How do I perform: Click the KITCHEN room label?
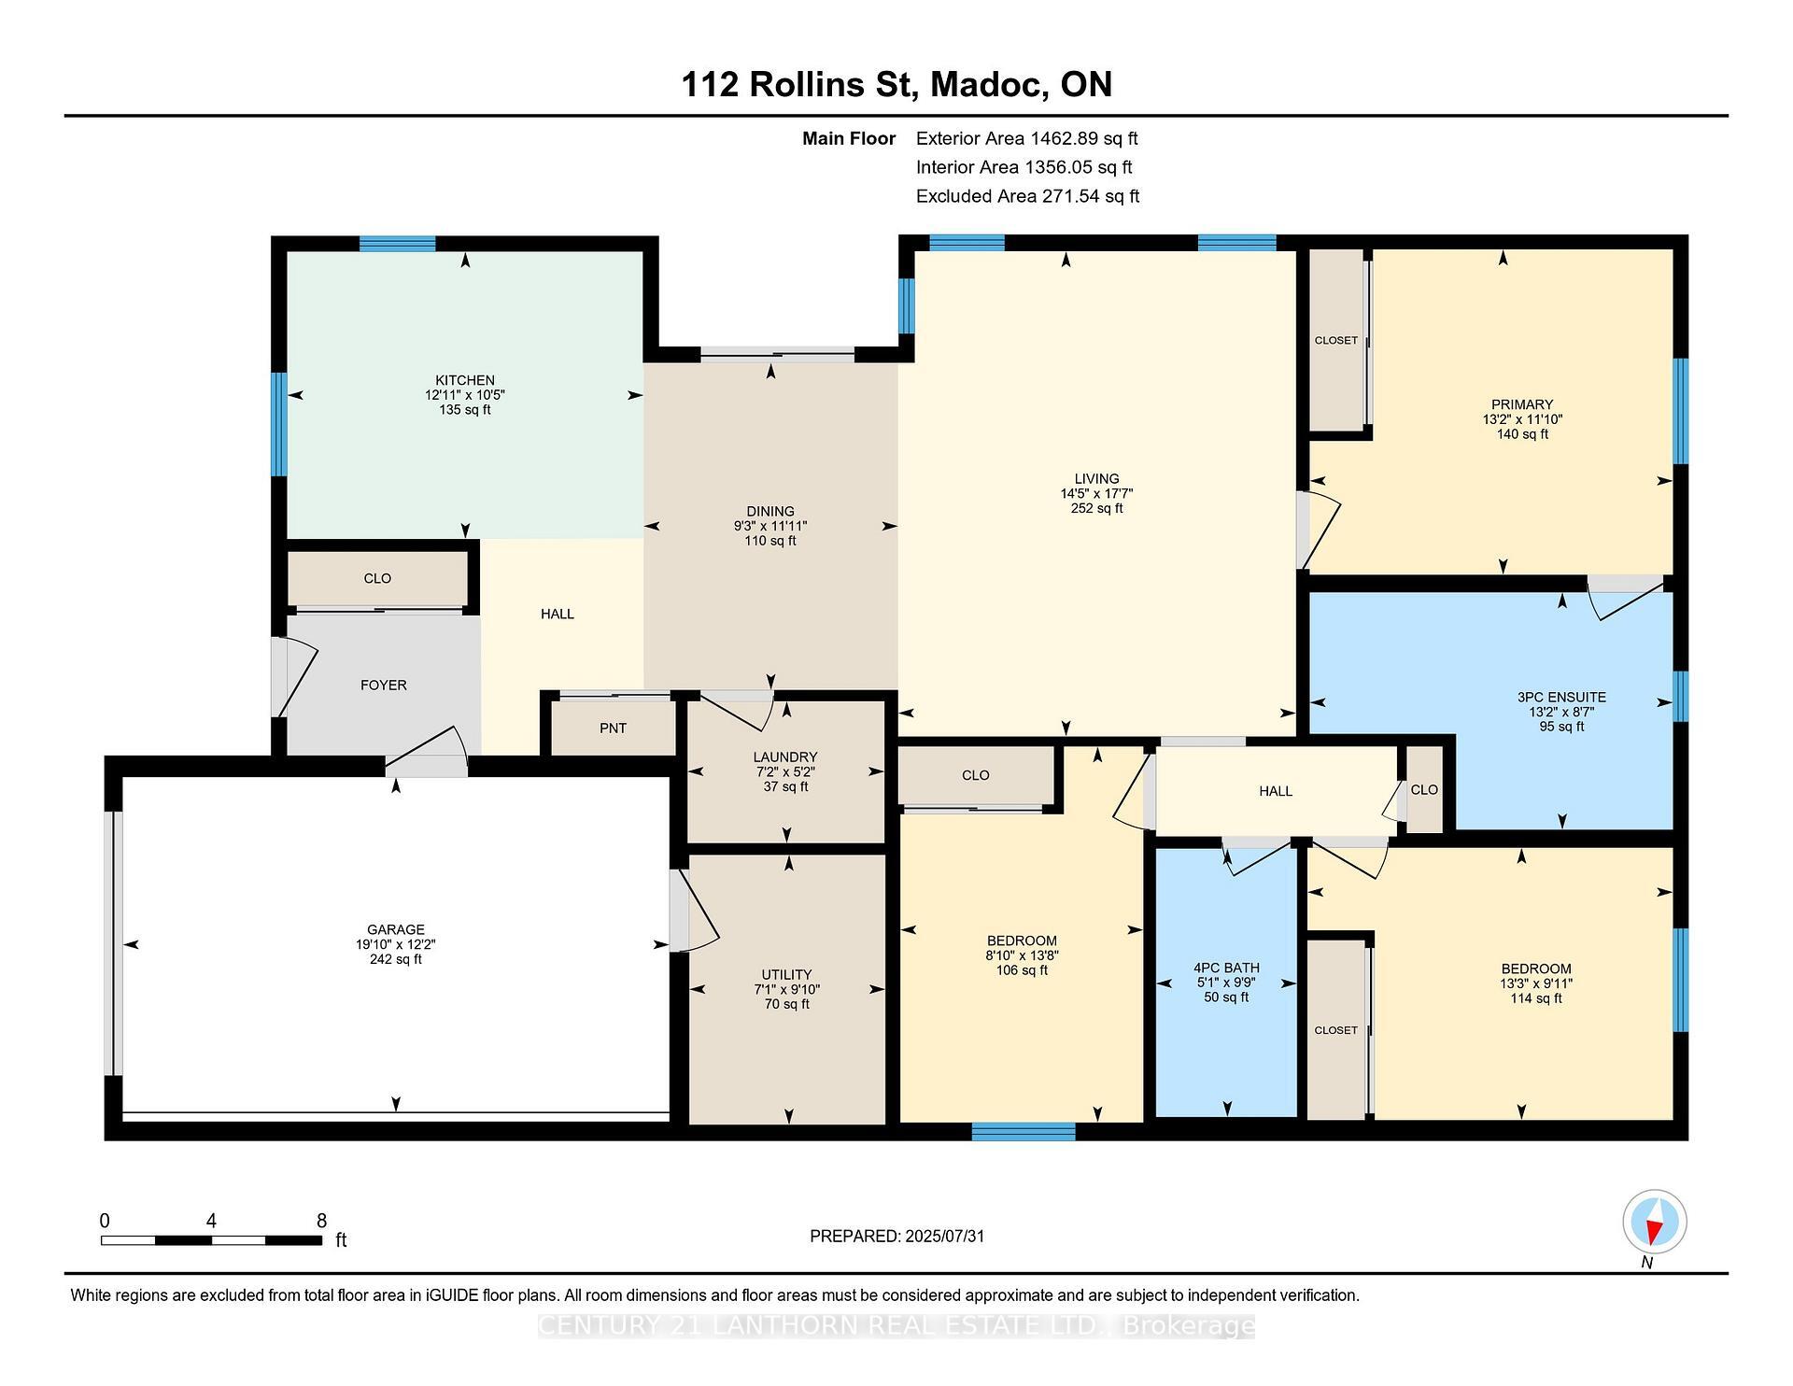(x=465, y=380)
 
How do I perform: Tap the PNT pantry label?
(x=613, y=728)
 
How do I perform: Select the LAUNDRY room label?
(x=785, y=757)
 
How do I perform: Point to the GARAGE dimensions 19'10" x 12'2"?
(x=396, y=944)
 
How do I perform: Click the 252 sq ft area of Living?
(x=1096, y=509)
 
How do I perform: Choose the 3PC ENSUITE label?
(x=1561, y=697)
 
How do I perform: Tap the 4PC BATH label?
(x=1226, y=969)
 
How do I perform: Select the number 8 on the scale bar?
(x=321, y=1221)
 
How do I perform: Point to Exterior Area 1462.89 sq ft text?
(x=1026, y=139)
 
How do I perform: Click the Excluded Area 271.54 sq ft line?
(x=1027, y=196)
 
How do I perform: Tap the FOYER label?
(x=384, y=686)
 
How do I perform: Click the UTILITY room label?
(x=786, y=974)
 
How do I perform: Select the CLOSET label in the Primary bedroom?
(x=1336, y=340)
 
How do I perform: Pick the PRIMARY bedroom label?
(x=1522, y=404)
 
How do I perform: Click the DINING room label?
(x=770, y=512)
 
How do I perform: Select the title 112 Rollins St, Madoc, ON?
(x=896, y=85)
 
